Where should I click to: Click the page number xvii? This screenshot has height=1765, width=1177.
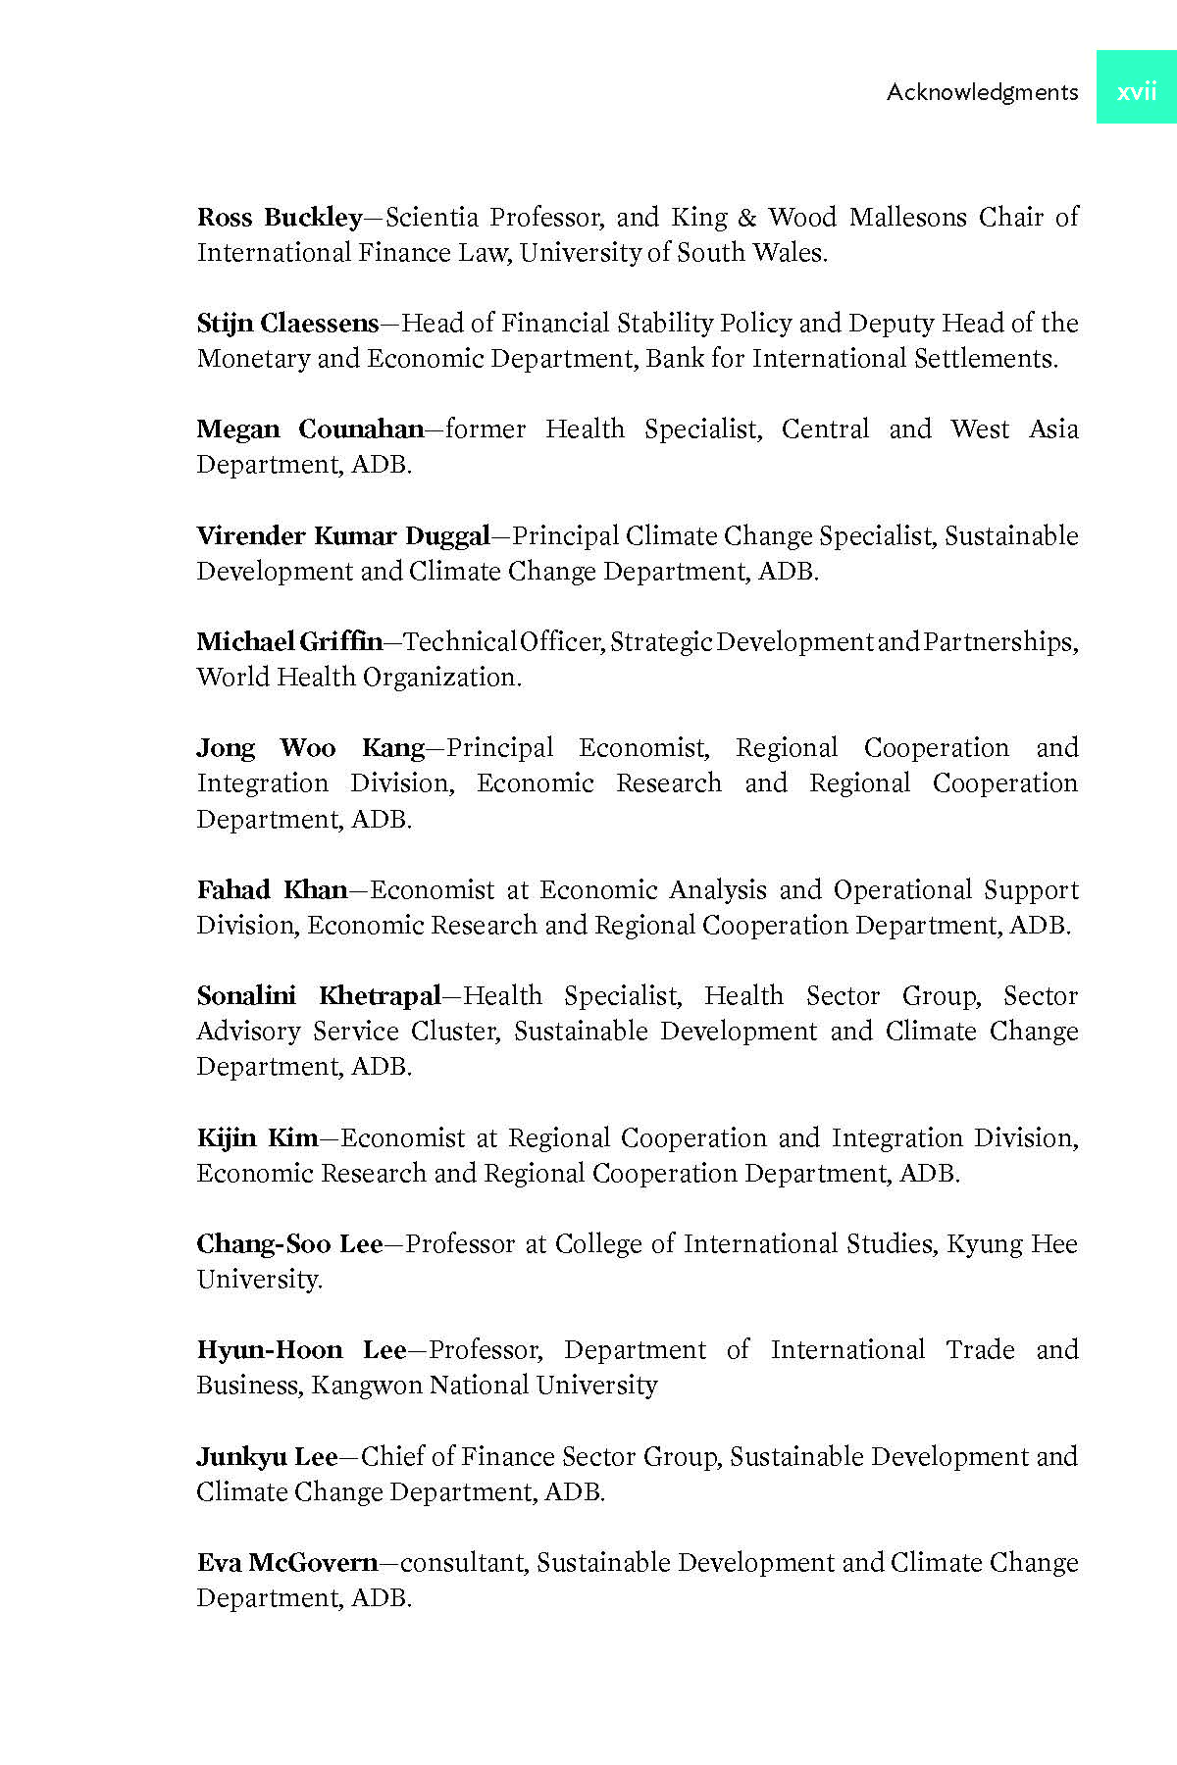1137,91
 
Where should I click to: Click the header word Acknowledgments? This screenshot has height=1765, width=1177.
982,92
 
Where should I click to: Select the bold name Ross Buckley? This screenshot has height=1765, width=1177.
280,218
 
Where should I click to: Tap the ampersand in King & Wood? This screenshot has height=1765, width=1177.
747,218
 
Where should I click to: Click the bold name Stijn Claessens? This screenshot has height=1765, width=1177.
287,324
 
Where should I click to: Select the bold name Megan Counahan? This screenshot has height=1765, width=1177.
310,429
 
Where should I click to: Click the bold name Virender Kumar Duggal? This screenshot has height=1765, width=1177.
342,536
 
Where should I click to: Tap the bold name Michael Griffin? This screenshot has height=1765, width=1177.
289,642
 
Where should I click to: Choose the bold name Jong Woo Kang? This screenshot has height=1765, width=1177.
310,748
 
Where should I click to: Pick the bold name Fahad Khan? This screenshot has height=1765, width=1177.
272,890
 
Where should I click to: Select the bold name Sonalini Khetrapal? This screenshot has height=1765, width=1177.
319,996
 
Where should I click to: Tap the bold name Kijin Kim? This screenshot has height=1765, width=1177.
257,1138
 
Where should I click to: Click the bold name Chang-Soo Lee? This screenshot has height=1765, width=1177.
289,1244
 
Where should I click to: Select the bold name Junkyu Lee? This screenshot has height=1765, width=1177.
267,1457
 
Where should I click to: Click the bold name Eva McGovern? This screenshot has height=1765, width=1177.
286,1563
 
